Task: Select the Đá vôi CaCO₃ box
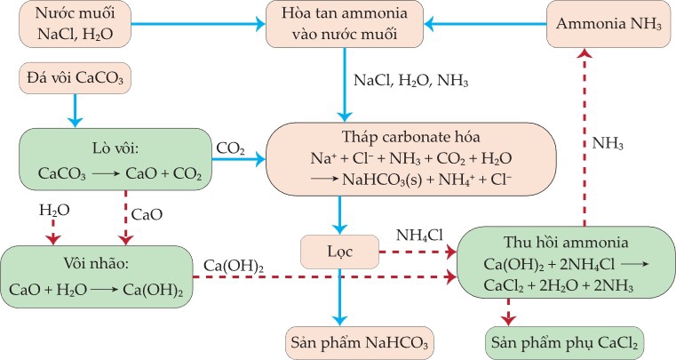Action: [x=76, y=79]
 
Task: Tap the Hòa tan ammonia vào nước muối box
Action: [x=342, y=25]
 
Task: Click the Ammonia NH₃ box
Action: [x=608, y=25]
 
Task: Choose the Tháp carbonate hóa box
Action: [x=410, y=159]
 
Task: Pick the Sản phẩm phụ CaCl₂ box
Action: [x=564, y=342]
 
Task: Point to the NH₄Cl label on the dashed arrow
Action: [x=418, y=236]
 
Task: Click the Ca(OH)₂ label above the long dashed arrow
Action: [x=234, y=266]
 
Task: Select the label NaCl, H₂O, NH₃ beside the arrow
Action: [x=410, y=80]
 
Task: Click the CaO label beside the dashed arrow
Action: [x=146, y=215]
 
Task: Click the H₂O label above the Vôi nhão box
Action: [x=54, y=212]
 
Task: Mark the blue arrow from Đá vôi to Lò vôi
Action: [x=75, y=110]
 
